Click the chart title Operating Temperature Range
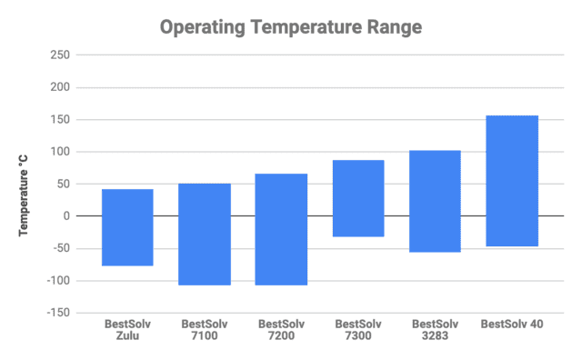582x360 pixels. click(x=291, y=27)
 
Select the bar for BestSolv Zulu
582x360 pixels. click(x=127, y=227)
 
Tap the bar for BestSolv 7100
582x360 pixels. click(x=205, y=235)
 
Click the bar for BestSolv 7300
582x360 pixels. click(x=358, y=198)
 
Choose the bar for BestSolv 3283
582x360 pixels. click(x=435, y=201)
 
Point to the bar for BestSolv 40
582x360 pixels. click(x=512, y=181)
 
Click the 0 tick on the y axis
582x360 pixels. click(x=66, y=216)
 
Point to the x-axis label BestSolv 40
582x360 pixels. click(x=512, y=324)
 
